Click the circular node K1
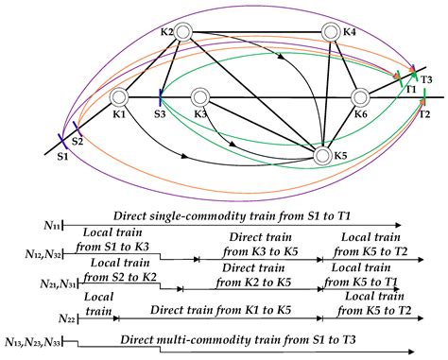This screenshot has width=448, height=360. (119, 96)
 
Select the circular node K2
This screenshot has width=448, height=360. (182, 33)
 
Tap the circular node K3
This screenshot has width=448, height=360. (199, 96)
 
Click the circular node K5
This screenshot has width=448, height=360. (321, 154)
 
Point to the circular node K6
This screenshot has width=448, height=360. (360, 96)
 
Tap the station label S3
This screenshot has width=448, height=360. (160, 113)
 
